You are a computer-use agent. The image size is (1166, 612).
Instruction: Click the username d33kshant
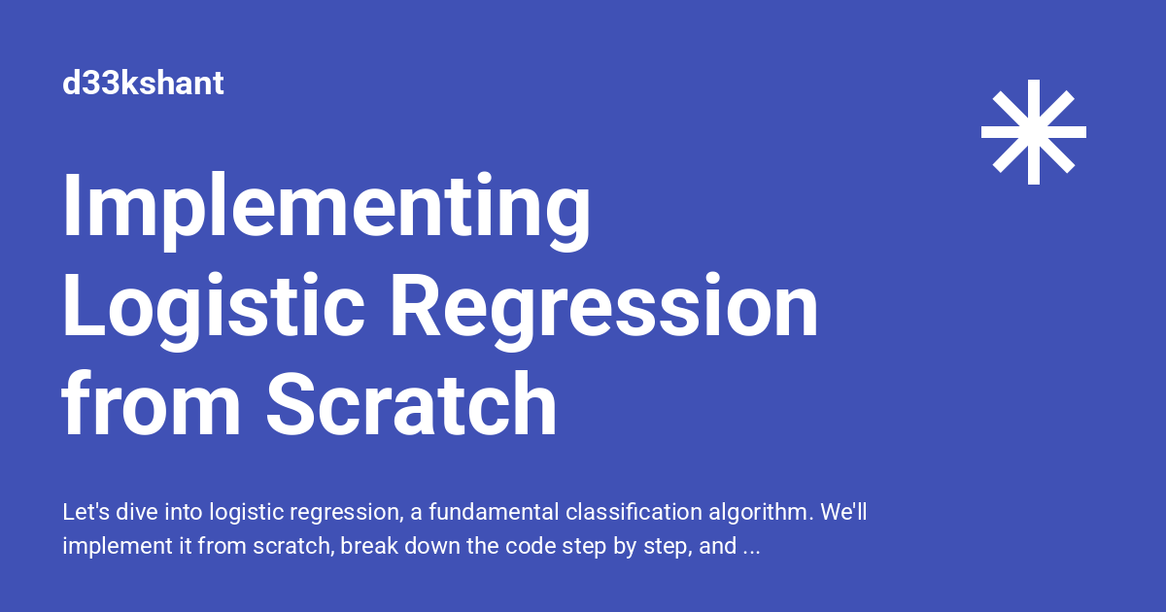pos(143,83)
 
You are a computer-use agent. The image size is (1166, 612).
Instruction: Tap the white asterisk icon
pos(1034,132)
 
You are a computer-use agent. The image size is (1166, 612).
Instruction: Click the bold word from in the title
pos(151,403)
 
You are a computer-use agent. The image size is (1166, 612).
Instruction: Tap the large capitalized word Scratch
pos(412,403)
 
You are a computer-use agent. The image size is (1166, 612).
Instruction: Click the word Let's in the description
pos(86,512)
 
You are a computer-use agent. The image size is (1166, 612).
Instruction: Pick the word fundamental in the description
pos(494,512)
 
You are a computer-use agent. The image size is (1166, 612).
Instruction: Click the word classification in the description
pos(634,512)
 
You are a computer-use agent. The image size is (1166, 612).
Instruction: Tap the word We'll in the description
pos(843,512)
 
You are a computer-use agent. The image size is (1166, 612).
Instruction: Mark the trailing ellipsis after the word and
pos(752,553)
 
